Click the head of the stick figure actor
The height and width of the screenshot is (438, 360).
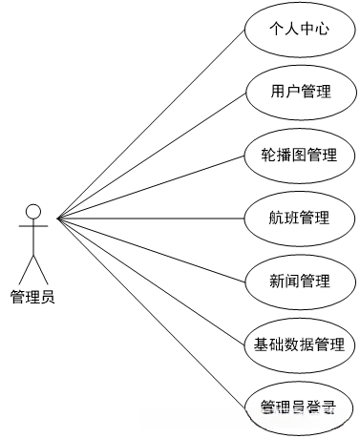(x=33, y=211)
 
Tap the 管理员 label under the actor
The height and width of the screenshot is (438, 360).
(x=32, y=297)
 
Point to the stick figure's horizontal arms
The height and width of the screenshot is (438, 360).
(x=33, y=227)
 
